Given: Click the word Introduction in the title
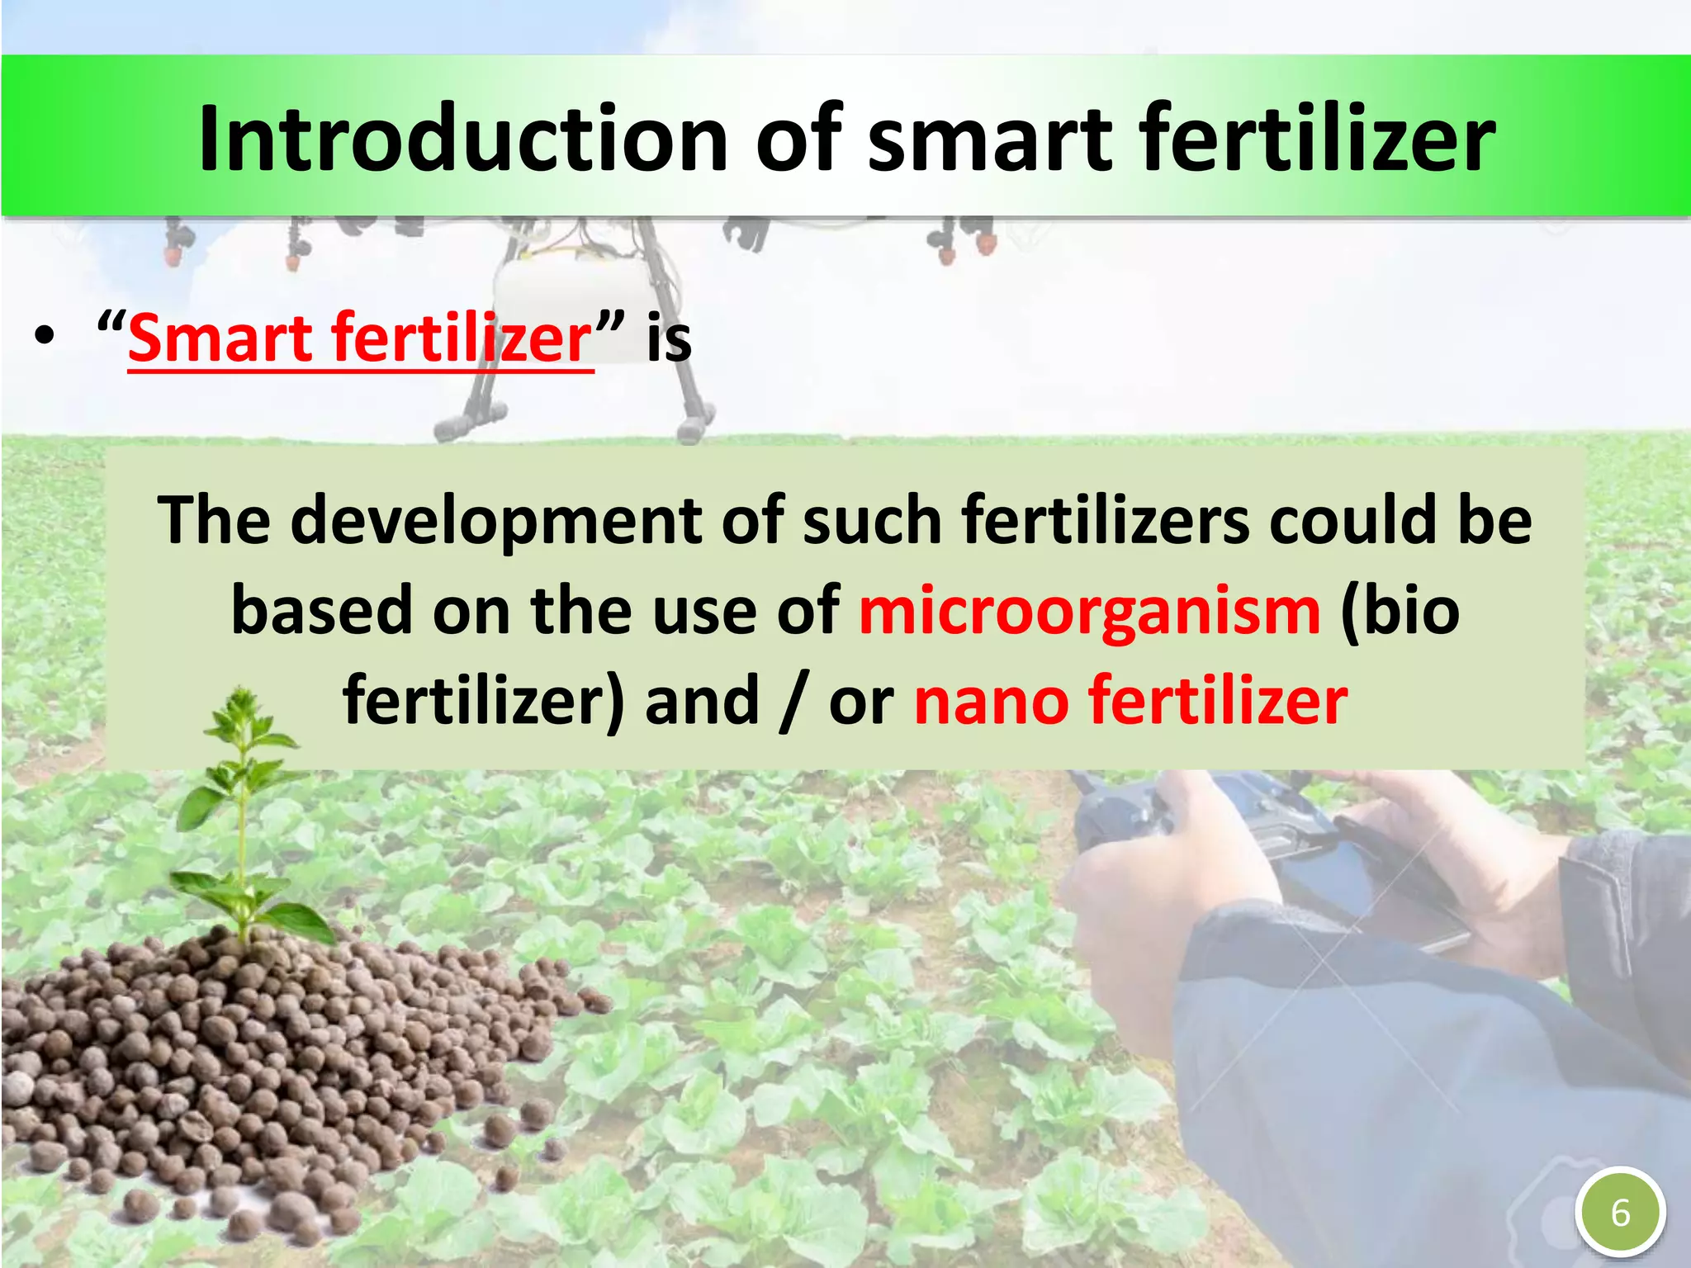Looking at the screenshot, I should click(462, 138).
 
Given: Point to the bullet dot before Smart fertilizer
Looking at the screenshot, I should click(45, 337).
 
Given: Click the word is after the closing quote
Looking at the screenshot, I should click(669, 338).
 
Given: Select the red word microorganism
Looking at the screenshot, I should click(1090, 611).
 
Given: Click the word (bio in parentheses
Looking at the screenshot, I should click(1400, 611).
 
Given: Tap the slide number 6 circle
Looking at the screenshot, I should click(1620, 1213).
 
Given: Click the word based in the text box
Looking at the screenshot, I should click(321, 611).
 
